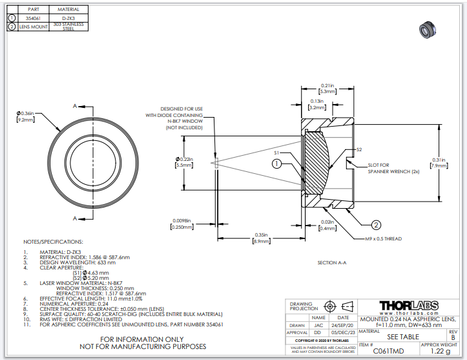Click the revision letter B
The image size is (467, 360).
453,337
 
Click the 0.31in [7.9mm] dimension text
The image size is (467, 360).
440,163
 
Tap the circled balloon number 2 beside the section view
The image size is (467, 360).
375,225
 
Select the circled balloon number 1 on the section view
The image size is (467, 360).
276,164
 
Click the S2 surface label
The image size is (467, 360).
360,150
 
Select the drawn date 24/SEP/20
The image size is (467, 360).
343,325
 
